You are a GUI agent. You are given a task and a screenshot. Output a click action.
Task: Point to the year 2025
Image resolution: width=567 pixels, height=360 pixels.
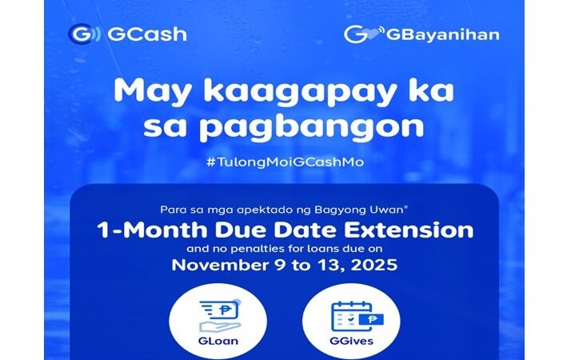[x=371, y=264]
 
